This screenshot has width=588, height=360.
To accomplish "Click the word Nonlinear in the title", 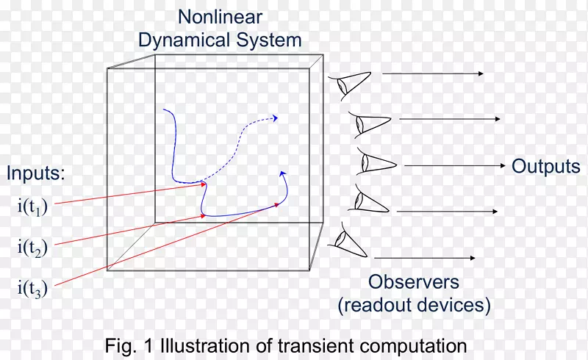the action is point(220,17).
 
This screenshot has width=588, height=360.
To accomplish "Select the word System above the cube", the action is point(269,40).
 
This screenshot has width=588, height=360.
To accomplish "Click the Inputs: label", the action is point(35,173).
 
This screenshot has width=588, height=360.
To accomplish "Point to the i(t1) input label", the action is point(32,207).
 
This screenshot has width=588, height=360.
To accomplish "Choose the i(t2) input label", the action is point(32,248).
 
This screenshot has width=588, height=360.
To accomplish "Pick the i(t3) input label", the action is point(32,289).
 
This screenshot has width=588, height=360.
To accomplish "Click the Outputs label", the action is point(546,166).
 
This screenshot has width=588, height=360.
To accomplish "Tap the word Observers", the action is point(414,282).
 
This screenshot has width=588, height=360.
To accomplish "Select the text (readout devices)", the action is point(415,305).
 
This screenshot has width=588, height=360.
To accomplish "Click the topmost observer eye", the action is point(351,85).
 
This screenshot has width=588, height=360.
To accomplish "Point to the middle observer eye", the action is point(375,162).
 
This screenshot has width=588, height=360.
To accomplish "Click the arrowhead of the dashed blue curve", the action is point(276,118).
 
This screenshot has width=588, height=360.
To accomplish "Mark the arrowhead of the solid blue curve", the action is point(283,173).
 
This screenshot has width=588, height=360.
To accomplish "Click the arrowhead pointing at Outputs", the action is point(503,165).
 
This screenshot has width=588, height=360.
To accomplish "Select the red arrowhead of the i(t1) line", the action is point(204,184).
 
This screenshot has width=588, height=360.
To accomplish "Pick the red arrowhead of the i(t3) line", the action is point(278,204).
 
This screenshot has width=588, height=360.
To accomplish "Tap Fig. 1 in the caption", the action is point(129,345).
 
